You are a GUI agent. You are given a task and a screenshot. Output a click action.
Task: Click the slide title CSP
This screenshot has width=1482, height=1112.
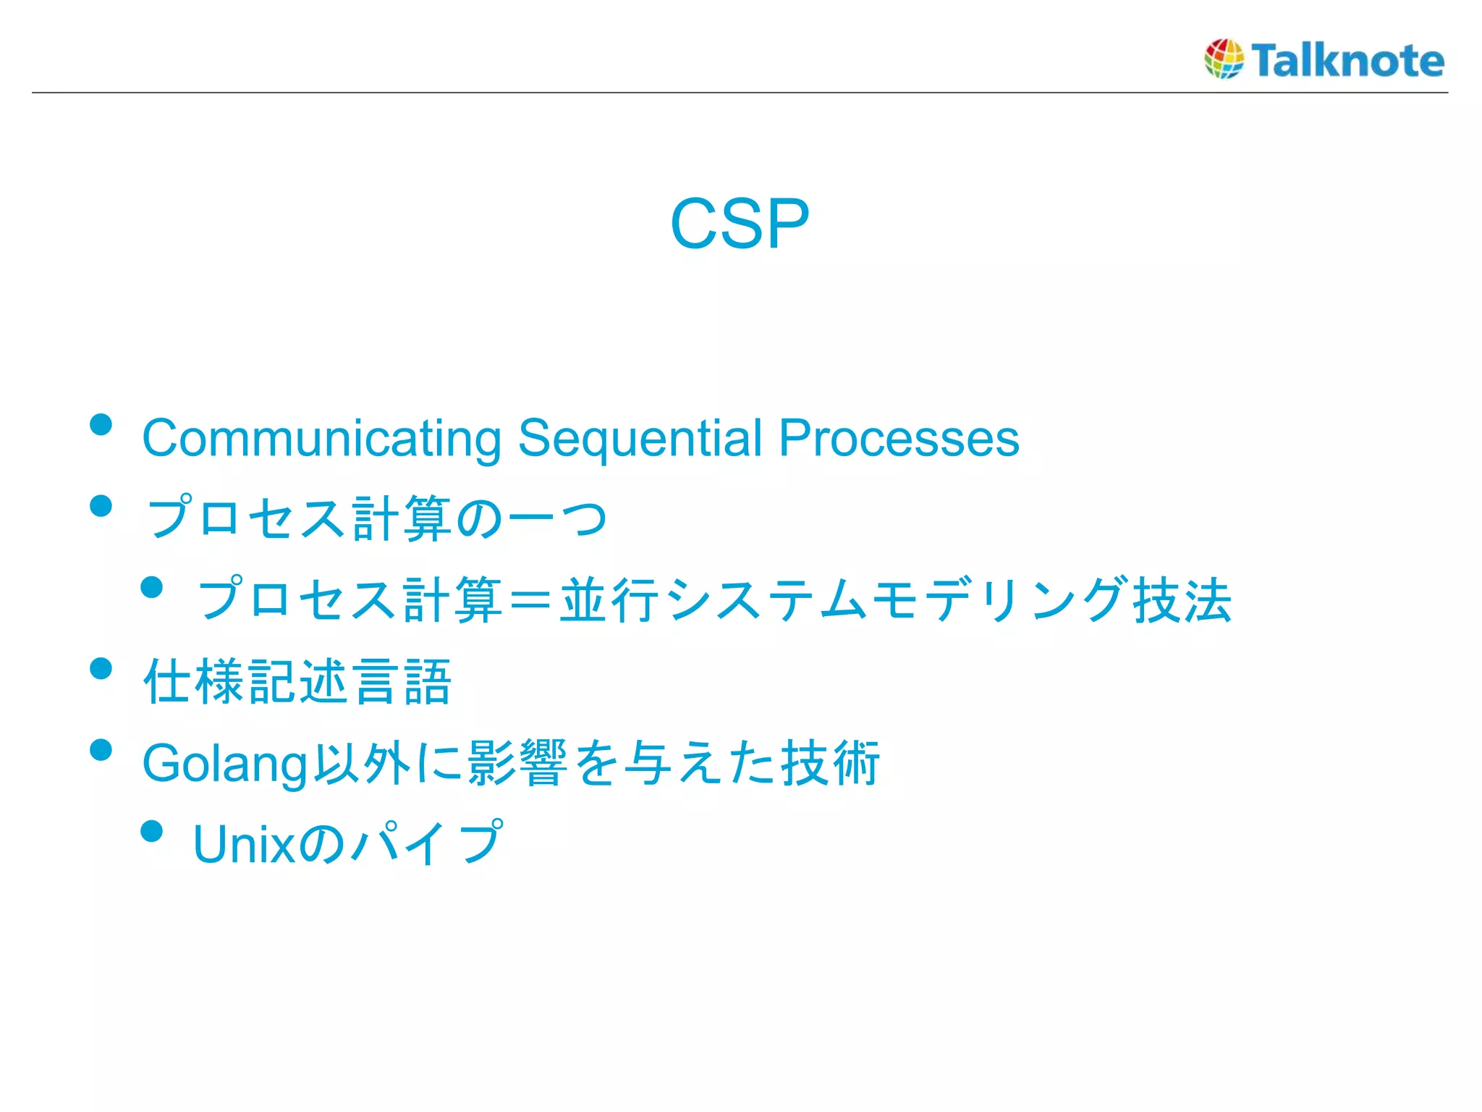coord(739,224)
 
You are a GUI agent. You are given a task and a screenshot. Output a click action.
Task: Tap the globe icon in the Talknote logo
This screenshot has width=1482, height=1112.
coord(1224,59)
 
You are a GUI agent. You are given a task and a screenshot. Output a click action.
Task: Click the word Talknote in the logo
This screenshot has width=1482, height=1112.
coord(1347,60)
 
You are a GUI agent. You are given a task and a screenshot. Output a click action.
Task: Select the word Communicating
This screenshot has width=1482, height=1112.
coord(321,439)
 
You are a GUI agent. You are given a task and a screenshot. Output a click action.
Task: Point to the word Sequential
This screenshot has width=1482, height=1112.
coord(640,439)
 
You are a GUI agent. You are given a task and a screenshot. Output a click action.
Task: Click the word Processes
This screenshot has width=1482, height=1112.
coord(898,439)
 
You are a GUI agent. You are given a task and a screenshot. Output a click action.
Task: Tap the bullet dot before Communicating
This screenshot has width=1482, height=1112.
coord(101,425)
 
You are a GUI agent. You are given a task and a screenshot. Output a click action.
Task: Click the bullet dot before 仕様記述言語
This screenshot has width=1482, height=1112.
coord(101,668)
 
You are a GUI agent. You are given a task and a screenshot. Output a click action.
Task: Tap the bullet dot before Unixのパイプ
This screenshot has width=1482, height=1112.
coord(152,831)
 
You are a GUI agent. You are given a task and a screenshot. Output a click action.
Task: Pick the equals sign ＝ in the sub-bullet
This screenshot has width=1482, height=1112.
coord(531,601)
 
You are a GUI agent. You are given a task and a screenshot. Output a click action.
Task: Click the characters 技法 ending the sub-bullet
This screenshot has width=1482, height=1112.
coord(1182,601)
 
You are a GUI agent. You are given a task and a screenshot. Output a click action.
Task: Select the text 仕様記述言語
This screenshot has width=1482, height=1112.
coord(297,682)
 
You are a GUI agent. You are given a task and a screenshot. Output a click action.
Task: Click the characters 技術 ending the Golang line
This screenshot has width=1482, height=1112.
coord(829,763)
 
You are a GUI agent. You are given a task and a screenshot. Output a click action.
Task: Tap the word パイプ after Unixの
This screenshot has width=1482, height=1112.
coord(425,843)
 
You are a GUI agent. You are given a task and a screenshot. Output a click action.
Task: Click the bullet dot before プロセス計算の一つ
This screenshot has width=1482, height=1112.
coord(101,506)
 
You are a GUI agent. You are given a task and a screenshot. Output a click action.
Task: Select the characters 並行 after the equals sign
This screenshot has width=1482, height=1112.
coord(609,601)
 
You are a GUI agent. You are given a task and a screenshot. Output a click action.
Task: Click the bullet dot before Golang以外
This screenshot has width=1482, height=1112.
coord(101,750)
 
